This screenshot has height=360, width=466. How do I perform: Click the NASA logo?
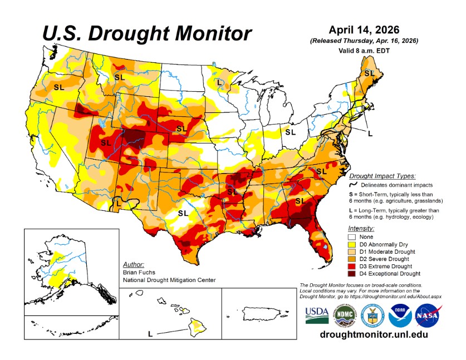coord(427,315)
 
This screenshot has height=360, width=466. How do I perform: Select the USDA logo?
coord(317,315)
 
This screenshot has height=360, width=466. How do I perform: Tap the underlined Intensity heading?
coord(361,228)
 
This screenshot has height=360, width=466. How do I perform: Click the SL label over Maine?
coord(369,73)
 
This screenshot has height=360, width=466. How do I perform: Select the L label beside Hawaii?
coord(150,334)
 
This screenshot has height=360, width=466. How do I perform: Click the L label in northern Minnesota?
coord(220,82)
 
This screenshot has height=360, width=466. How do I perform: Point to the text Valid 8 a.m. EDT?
coord(364,50)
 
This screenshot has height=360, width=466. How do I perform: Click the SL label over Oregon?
coord(58,87)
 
